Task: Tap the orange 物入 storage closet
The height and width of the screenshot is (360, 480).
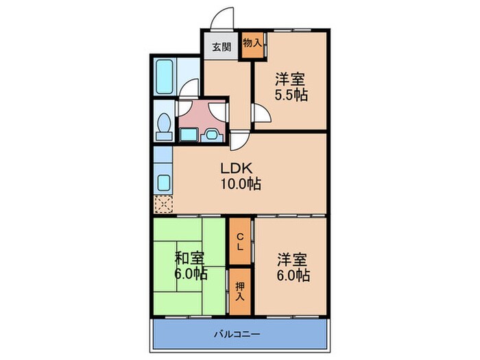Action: coord(253,43)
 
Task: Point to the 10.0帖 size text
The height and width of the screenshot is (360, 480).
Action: coord(239,184)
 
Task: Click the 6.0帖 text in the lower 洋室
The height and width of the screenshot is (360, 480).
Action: coord(293,275)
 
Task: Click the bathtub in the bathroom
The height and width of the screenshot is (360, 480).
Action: coord(165,72)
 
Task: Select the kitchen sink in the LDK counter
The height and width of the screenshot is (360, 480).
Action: coord(164,183)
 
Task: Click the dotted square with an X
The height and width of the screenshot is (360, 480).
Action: coord(164,204)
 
